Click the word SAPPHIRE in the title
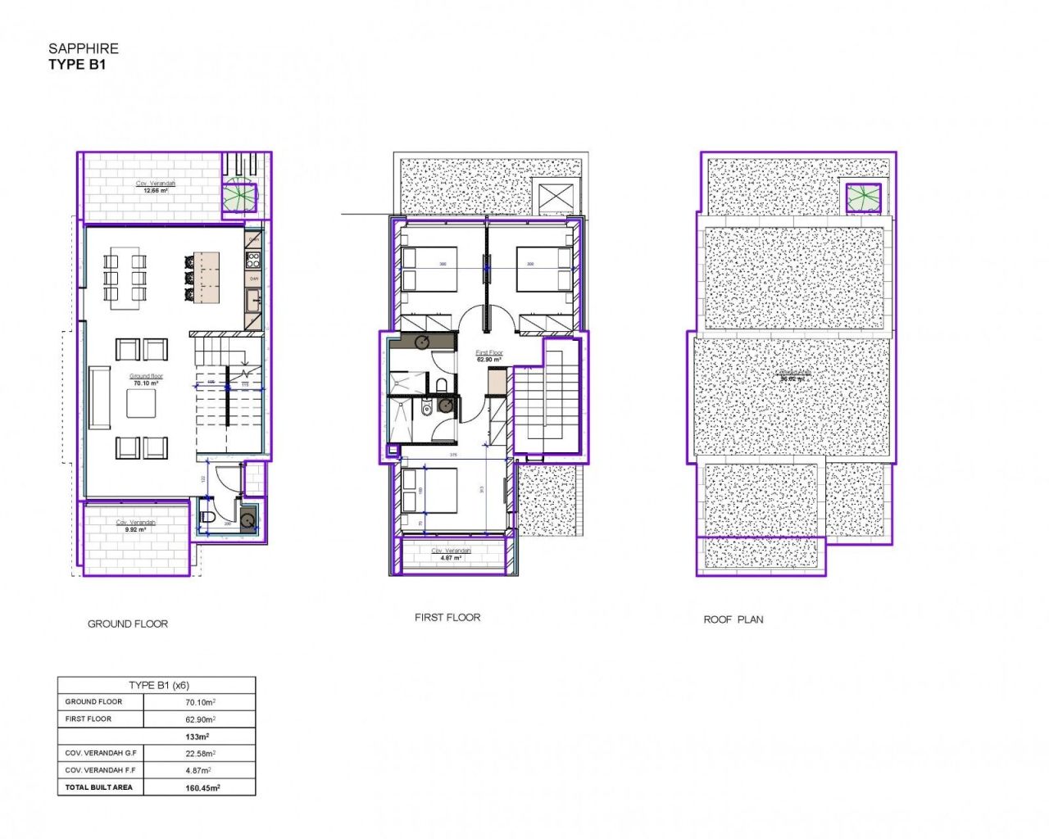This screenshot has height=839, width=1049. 83,48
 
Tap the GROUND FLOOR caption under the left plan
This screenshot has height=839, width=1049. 128,624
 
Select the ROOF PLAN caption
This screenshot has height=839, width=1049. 733,619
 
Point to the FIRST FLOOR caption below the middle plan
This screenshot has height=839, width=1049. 447,617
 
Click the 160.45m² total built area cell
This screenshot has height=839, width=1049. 202,787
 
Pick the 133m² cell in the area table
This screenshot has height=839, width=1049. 198,737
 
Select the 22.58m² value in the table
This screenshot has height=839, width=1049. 200,753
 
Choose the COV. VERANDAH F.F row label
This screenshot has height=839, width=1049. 100,770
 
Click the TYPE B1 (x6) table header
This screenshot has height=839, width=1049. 158,685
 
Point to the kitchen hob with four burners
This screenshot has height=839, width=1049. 253,261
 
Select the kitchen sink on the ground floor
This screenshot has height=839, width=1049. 253,300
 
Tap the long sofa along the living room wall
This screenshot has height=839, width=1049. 99,397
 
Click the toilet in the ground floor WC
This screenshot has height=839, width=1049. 207,516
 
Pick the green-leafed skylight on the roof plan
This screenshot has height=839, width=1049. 863,197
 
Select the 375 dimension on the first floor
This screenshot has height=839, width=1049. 453,455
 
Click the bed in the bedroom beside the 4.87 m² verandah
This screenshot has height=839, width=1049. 429,490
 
